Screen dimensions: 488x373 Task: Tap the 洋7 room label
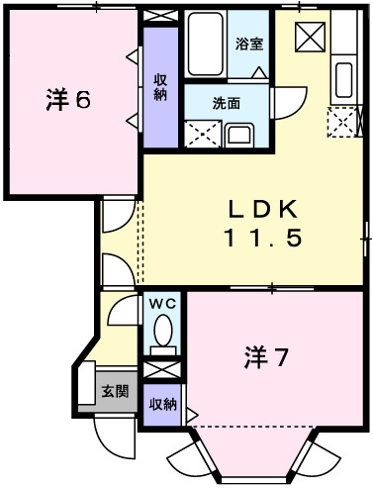267,357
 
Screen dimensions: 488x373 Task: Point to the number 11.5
261,238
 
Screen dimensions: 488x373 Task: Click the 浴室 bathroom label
249,43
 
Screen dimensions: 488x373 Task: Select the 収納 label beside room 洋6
159,86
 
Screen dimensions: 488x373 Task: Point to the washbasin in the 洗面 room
239,134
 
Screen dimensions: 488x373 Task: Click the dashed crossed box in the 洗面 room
203,133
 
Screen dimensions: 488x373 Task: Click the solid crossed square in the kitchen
310,37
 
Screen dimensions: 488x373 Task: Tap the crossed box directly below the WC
162,369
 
